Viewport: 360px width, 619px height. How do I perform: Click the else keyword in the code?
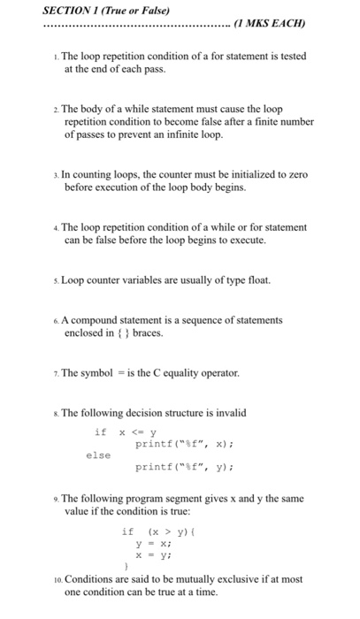coord(98,455)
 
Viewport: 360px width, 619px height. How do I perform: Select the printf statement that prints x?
coord(176,444)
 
